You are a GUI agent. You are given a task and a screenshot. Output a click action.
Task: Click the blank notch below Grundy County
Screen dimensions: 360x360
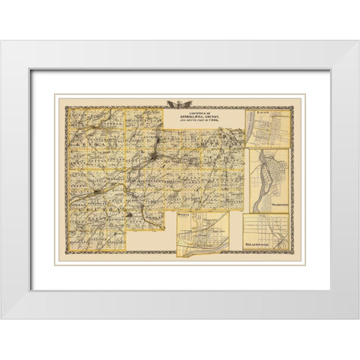click(146, 240)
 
